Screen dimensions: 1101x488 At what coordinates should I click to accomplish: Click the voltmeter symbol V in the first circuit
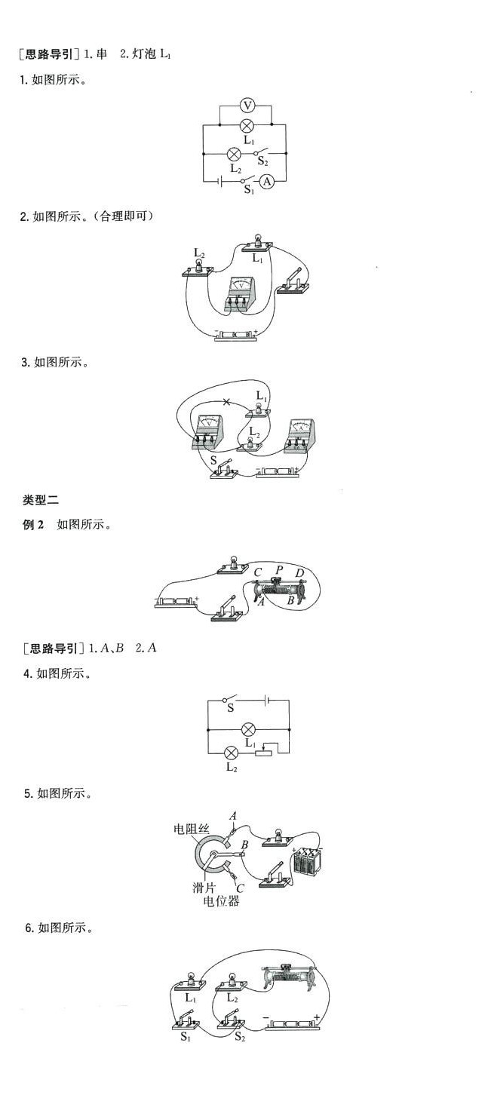246,106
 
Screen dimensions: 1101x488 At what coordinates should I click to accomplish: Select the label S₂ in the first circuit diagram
262,161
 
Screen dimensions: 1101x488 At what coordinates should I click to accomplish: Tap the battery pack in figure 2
236,335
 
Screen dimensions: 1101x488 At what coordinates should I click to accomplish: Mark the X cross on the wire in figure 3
226,402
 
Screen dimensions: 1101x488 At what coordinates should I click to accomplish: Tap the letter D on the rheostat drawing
299,575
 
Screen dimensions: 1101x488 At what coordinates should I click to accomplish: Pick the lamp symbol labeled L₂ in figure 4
232,752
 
